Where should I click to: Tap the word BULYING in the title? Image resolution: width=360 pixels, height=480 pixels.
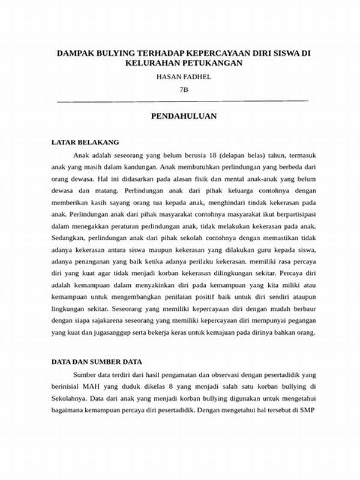click(115, 53)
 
